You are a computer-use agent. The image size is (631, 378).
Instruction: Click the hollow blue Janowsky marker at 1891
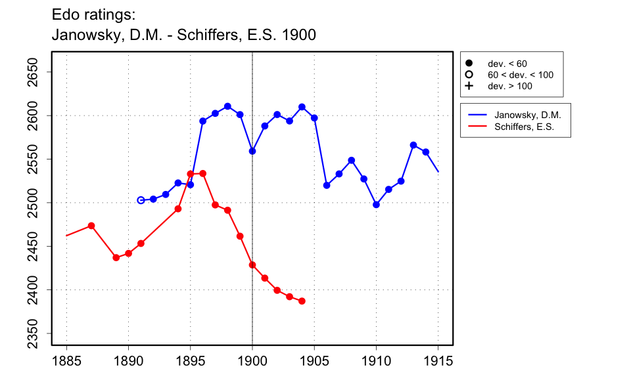tap(141, 200)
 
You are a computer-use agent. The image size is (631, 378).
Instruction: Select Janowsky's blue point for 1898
tap(227, 106)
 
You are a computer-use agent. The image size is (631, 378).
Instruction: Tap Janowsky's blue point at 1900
tap(252, 151)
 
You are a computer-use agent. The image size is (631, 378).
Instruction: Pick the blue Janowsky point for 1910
tap(376, 205)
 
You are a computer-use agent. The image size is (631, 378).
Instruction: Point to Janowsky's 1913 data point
tap(413, 145)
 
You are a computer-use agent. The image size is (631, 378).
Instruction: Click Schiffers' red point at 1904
tap(302, 301)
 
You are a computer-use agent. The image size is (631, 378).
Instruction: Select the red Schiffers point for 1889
tap(116, 257)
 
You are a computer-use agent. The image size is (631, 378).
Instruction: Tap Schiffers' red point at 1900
tap(252, 265)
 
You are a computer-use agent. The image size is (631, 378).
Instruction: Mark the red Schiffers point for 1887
tap(91, 226)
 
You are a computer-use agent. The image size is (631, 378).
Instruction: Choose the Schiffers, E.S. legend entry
tap(524, 126)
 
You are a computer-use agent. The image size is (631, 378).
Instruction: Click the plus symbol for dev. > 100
tap(469, 86)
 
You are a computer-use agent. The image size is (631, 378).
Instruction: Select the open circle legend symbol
tap(469, 75)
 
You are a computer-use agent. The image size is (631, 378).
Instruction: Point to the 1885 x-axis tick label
tap(66, 360)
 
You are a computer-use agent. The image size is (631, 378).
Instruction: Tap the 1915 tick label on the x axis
tap(438, 360)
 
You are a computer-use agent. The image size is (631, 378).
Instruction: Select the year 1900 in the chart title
tap(298, 35)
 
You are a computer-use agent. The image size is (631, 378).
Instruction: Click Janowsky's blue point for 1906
tap(327, 186)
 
